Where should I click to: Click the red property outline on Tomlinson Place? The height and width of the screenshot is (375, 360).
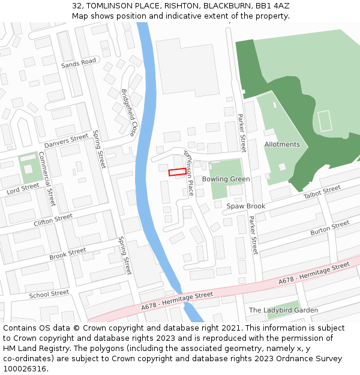point(177,172)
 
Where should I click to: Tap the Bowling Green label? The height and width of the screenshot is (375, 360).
point(226,179)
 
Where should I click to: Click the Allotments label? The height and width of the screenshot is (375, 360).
point(282,145)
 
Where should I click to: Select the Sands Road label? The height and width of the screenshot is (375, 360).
point(79,62)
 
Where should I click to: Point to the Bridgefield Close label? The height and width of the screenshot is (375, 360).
point(129,113)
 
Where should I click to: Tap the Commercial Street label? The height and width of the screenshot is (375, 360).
point(47,178)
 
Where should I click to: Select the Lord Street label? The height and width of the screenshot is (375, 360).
point(22,189)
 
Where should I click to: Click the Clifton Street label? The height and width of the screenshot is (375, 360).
point(53,219)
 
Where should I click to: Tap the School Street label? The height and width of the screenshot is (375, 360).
point(49,294)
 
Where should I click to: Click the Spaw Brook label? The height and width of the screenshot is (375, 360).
point(245,206)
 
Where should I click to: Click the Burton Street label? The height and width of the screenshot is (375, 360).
point(329,228)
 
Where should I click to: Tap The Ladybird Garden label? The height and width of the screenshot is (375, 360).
point(283,310)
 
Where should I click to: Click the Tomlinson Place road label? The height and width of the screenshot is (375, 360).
point(188,173)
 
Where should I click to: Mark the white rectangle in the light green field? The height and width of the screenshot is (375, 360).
point(325,121)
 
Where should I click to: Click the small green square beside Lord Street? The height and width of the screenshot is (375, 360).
point(28,169)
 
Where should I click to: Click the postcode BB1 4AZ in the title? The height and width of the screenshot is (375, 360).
point(271,5)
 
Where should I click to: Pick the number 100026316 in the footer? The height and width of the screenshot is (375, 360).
point(25,368)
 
